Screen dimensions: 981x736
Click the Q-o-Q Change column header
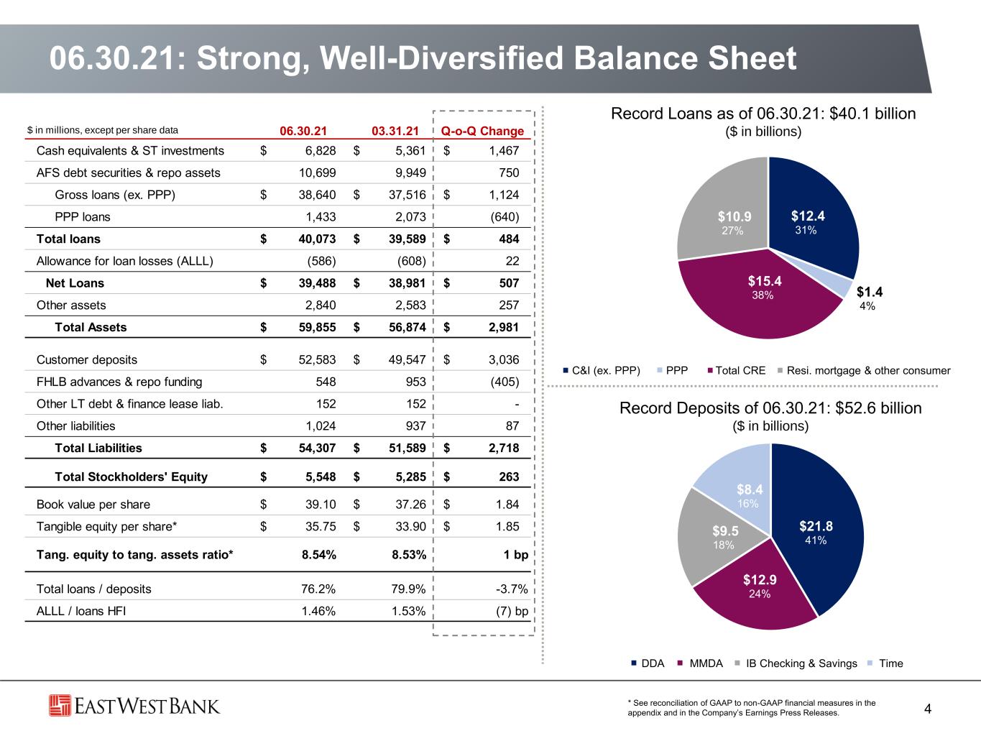482,131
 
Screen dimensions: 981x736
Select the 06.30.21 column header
303,131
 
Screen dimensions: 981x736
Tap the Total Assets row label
91,327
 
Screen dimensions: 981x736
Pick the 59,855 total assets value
317,327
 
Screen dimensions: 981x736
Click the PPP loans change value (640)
505,217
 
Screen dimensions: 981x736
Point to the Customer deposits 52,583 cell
317,359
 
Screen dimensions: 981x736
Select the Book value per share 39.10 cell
321,505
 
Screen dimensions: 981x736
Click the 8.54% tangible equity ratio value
318,555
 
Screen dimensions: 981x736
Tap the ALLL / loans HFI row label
81,611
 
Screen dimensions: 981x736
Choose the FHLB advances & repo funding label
119,382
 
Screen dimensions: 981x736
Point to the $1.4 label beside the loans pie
870,292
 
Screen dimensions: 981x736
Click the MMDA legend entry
700,663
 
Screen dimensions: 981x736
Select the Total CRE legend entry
737,370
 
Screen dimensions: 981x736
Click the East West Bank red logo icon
60,706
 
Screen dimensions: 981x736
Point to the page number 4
927,709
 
